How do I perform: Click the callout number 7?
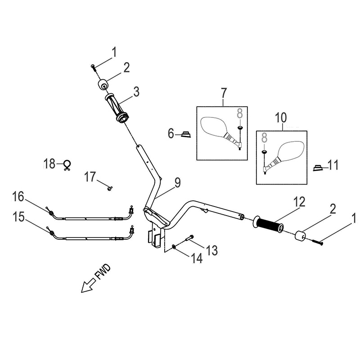224,94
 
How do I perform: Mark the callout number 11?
333,166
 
